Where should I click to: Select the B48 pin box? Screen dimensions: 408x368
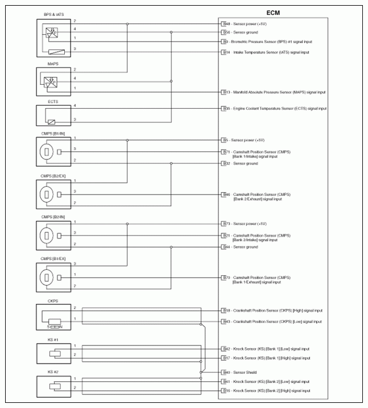[x=225, y=24]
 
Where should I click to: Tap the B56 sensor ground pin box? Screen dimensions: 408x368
[x=225, y=32]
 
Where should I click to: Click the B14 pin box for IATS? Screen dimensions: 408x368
[x=225, y=52]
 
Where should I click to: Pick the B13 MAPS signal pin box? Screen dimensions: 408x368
[x=225, y=92]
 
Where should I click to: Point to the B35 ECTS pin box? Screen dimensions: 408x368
[x=225, y=108]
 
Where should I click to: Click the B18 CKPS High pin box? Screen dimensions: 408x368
[x=225, y=311]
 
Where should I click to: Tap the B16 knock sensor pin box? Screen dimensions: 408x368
[x=225, y=391]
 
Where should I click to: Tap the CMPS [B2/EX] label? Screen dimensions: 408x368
[x=49, y=176]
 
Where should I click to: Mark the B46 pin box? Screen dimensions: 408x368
[x=225, y=194]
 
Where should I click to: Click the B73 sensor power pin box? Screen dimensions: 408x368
[x=225, y=224]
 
